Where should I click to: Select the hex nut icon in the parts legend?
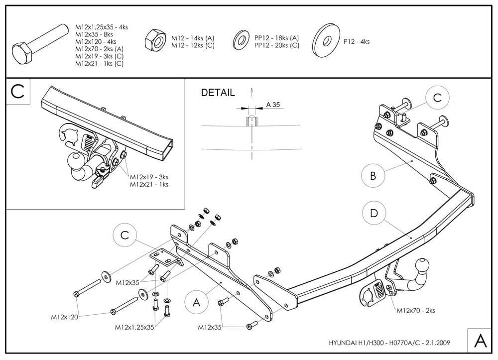[154, 39]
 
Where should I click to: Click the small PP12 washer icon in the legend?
[242, 39]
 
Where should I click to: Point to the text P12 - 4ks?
[357, 42]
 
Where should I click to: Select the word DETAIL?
[218, 93]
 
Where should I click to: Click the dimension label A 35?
[273, 105]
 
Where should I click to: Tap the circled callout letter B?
[373, 175]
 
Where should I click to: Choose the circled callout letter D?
[373, 213]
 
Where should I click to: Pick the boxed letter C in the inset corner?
[17, 92]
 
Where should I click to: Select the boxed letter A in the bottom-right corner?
[481, 341]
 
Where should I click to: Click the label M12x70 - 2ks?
[416, 310]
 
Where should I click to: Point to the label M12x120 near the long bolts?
[64, 317]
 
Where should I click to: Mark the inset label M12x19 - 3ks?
[149, 177]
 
